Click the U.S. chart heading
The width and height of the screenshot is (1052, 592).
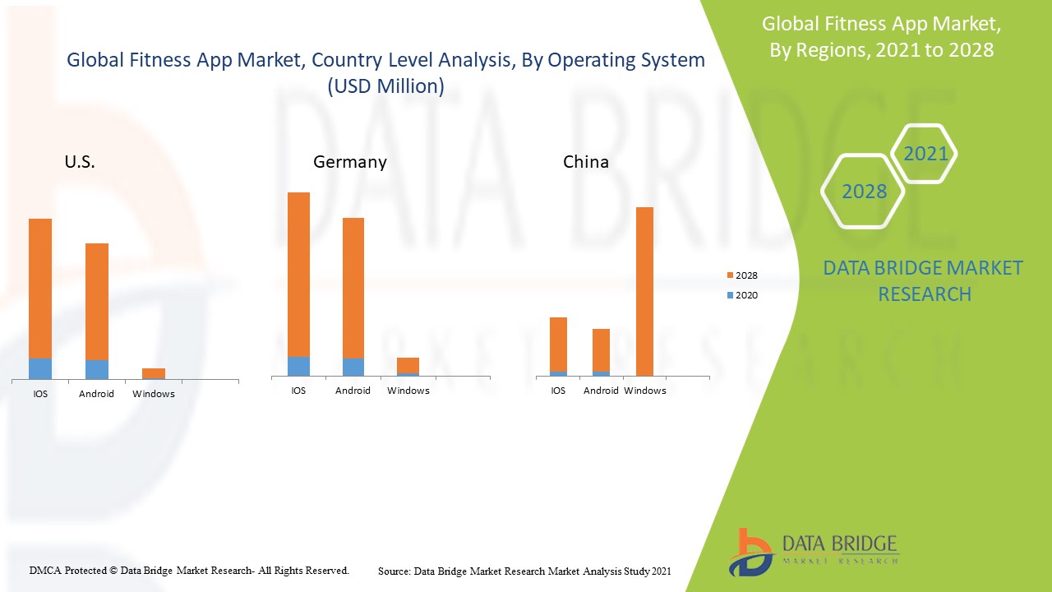pyautogui.click(x=80, y=162)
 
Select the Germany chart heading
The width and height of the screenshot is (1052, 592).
pyautogui.click(x=349, y=162)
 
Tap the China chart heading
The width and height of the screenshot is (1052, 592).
pyautogui.click(x=585, y=162)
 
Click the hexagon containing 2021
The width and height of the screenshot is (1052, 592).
pyautogui.click(x=925, y=154)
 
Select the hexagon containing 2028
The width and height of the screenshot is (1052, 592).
pyautogui.click(x=864, y=192)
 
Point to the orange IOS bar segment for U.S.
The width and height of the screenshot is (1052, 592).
pyautogui.click(x=40, y=288)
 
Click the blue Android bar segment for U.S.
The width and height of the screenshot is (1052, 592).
pyautogui.click(x=96, y=370)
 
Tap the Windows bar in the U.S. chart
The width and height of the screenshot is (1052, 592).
pyautogui.click(x=154, y=373)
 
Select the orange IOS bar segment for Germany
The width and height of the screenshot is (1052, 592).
pyautogui.click(x=298, y=274)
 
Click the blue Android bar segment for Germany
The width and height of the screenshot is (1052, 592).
pyautogui.click(x=353, y=368)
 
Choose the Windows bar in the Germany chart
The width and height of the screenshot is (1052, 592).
pyautogui.click(x=408, y=366)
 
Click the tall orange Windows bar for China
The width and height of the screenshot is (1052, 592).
pyautogui.click(x=644, y=291)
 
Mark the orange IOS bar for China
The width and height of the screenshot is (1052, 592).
pyautogui.click(x=558, y=344)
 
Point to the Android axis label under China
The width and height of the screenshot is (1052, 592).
pyautogui.click(x=601, y=391)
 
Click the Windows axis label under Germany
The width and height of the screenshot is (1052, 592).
pyautogui.click(x=408, y=391)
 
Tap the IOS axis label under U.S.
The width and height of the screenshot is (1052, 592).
pyautogui.click(x=40, y=394)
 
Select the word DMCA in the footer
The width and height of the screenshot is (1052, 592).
pyautogui.click(x=45, y=570)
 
